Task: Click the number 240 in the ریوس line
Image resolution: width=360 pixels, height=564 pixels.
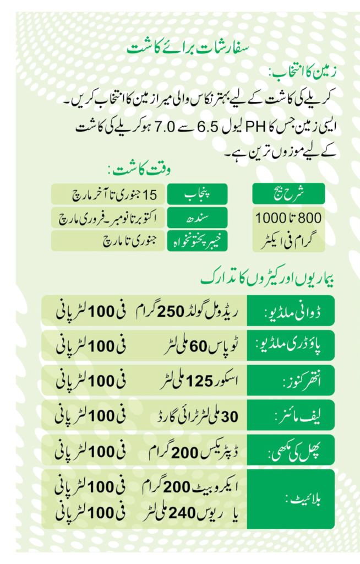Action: [179, 513]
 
